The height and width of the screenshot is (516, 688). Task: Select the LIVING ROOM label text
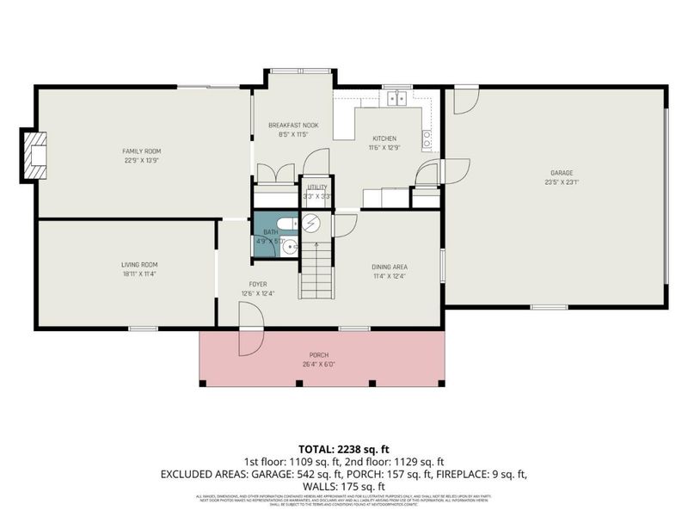click(x=138, y=264)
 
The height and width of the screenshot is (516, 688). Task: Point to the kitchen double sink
click(x=396, y=99)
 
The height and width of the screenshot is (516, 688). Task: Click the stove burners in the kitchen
click(x=426, y=135)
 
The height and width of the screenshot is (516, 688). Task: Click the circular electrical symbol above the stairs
click(x=310, y=223)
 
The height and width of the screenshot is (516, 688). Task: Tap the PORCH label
click(x=319, y=355)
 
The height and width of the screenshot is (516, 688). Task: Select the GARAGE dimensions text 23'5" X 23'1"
click(x=562, y=182)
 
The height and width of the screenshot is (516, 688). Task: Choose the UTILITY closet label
click(x=317, y=187)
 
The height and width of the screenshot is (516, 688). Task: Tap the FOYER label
click(x=258, y=283)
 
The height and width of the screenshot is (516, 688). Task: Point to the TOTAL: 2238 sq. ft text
click(x=344, y=449)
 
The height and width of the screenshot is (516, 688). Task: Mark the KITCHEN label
click(x=384, y=139)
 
